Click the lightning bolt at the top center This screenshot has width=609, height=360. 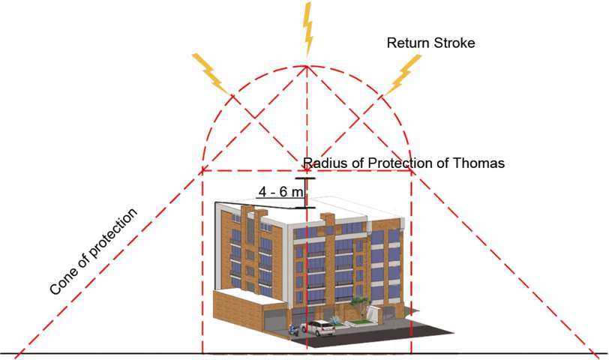(307, 28)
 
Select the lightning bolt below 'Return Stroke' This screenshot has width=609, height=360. (406, 72)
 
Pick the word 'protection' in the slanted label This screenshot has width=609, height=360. (112, 234)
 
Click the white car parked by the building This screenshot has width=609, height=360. (319, 327)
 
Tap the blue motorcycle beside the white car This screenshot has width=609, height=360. (294, 328)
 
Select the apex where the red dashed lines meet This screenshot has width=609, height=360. (305, 67)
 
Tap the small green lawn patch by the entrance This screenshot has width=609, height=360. (358, 323)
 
